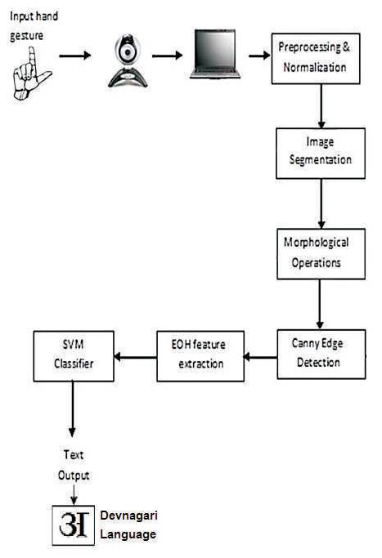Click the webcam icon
[x=128, y=60]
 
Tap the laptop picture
[x=215, y=54]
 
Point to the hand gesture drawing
[x=31, y=74]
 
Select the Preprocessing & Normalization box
[x=316, y=59]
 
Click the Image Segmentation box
[x=321, y=154]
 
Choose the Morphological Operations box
[x=321, y=254]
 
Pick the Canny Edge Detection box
[x=321, y=354]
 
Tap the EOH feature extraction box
[x=200, y=356]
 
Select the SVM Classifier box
[x=74, y=356]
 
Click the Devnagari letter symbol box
[x=74, y=525]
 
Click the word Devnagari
[x=129, y=516]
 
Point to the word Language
[x=128, y=534]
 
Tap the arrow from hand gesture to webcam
[x=75, y=56]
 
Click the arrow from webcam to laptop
[x=168, y=56]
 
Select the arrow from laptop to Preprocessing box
[x=260, y=56]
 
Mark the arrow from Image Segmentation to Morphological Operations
[x=321, y=203]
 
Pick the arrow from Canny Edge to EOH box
[x=261, y=357]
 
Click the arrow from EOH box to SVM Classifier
[x=136, y=357]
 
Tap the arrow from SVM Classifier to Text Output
[x=72, y=409]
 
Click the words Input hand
[x=34, y=16]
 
